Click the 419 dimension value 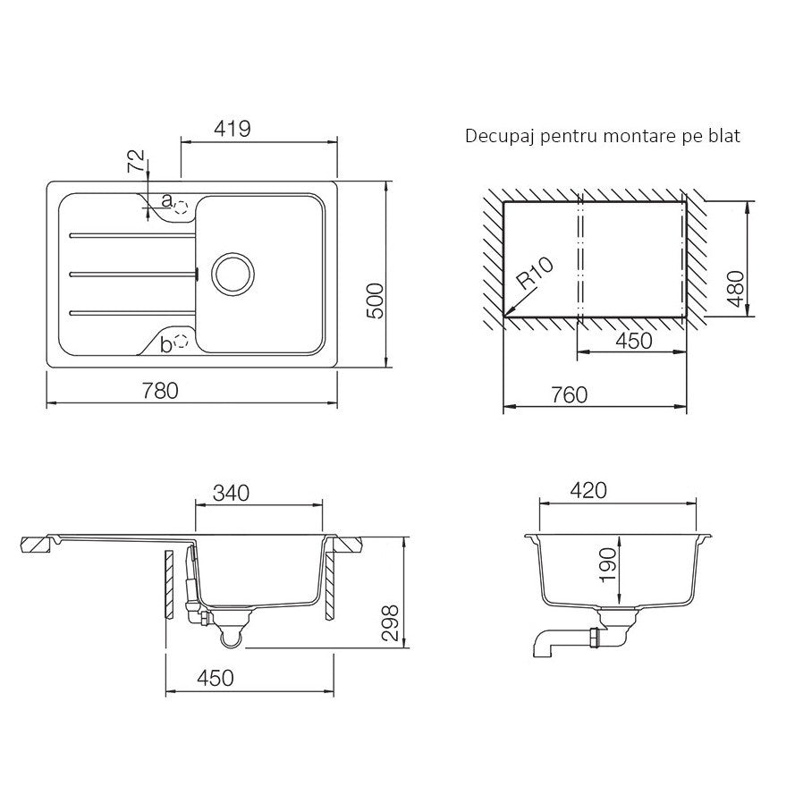click(232, 128)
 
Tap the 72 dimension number click(136, 162)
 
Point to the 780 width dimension click(161, 391)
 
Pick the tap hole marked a click(182, 207)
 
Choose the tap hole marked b click(182, 340)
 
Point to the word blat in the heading click(724, 137)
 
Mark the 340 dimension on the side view click(230, 493)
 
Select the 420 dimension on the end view click(588, 490)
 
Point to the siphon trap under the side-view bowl click(231, 633)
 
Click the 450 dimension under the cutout click(632, 341)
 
